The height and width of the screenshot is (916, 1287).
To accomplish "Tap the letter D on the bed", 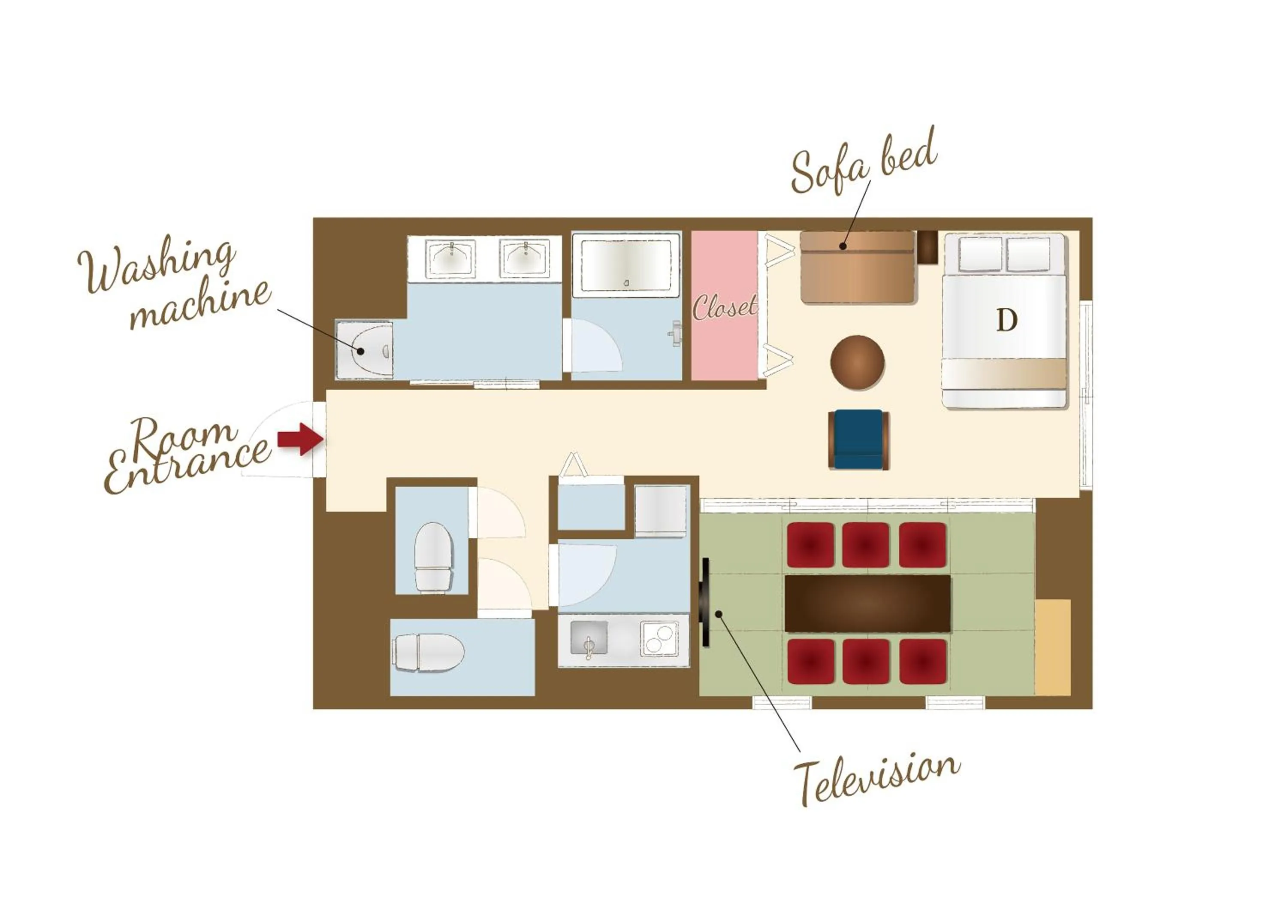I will coord(1006,320).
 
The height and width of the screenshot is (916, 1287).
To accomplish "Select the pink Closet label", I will coord(725,307).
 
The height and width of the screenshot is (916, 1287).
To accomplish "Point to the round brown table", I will coord(857,363).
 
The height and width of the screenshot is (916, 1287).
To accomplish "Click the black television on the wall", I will coord(705,602).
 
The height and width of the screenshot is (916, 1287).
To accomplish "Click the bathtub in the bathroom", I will coord(626,264).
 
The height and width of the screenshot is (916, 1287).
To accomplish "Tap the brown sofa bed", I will coord(857,267).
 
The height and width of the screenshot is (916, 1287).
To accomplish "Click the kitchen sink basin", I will coord(589,638).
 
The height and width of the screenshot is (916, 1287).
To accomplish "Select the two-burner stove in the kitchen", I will coord(659,638).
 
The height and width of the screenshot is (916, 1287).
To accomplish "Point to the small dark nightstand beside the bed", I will coord(927,247).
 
